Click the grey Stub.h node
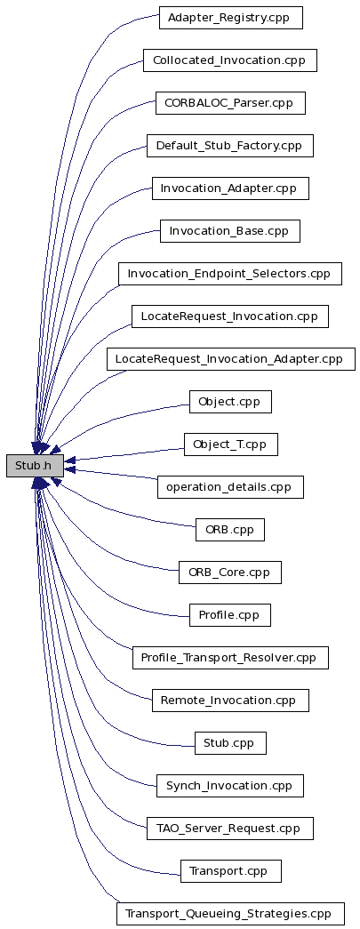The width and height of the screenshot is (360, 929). tap(35, 466)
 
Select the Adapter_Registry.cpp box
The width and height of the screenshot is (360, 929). tap(231, 18)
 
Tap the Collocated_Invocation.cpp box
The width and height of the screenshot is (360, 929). tap(229, 60)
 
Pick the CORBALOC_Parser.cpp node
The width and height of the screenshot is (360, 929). tap(230, 103)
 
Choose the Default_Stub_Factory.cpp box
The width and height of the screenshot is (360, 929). tap(229, 146)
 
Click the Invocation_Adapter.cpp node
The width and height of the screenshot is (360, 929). tap(230, 188)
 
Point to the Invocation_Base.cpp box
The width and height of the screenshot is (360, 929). tap(229, 231)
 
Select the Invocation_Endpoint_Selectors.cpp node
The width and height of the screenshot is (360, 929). tap(230, 274)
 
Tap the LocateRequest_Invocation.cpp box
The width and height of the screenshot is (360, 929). tap(229, 316)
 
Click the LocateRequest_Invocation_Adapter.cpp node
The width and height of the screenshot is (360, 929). tap(231, 359)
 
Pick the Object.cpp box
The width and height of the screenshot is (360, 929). tap(230, 402)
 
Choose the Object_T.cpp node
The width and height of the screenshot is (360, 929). tap(231, 444)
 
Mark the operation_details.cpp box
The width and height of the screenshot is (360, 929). tap(230, 487)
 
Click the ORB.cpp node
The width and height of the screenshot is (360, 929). tap(229, 530)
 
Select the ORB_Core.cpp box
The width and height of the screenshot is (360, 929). tap(229, 573)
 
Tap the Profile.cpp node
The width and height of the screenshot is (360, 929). tap(230, 615)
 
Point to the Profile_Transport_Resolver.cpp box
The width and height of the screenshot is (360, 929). tap(230, 658)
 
